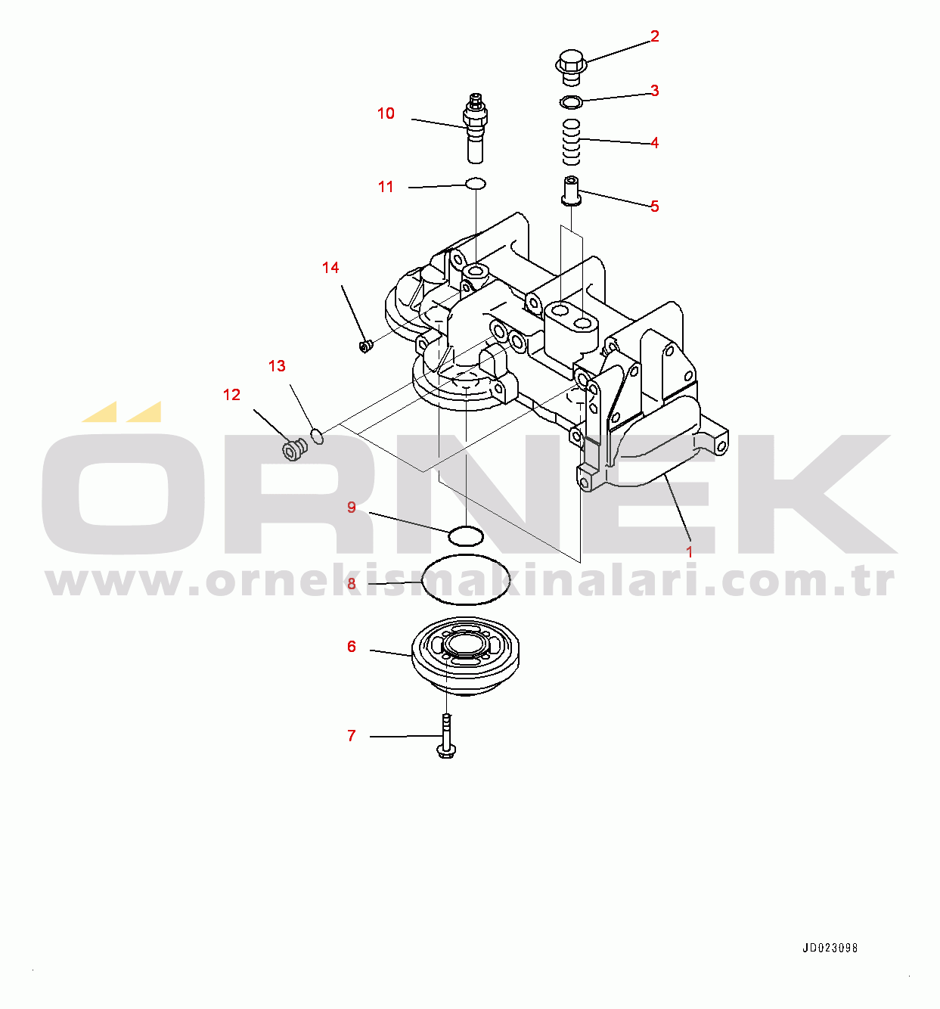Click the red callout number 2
tap(654, 36)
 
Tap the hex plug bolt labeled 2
tap(572, 67)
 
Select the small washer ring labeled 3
tap(571, 102)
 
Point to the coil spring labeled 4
tap(571, 142)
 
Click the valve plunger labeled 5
tap(572, 191)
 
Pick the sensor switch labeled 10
tap(475, 128)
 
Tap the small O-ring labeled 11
tap(476, 183)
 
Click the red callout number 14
tap(330, 268)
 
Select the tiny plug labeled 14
tap(366, 346)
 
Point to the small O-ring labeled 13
tap(317, 436)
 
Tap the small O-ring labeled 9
tap(466, 536)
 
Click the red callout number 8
tap(352, 584)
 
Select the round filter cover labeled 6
tap(465, 656)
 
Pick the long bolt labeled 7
tap(446, 737)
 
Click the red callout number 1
tap(690, 552)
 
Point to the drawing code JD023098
tap(830, 948)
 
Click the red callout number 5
tap(654, 206)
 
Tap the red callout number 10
tap(386, 113)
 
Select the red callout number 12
tap(231, 395)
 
